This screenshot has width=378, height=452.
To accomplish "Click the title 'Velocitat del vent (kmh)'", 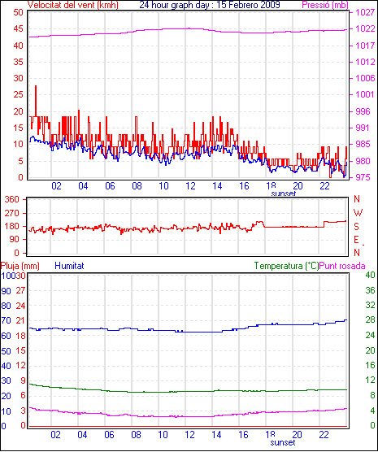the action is [x=72, y=5].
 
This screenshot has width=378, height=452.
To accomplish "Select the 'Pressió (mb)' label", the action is [x=325, y=5].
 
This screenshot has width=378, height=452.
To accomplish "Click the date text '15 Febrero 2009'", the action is [x=248, y=5].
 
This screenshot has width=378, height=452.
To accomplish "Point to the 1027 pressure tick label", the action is [x=365, y=12].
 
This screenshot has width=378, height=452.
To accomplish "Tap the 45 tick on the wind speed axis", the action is [x=18, y=28].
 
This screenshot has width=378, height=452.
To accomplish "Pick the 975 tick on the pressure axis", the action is [x=365, y=177].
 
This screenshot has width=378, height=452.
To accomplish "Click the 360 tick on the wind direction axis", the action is [x=12, y=199].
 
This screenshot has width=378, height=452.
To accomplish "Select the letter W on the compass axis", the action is [x=358, y=213].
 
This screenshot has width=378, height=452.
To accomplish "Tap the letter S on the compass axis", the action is [x=356, y=227].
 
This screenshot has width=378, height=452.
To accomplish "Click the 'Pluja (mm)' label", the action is [x=20, y=266].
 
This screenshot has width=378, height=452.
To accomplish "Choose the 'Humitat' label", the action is [x=69, y=266].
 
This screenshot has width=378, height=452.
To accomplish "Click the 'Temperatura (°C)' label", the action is [x=287, y=266].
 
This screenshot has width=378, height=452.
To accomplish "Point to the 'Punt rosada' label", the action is [x=342, y=266].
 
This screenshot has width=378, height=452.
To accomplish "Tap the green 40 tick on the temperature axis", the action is [x=370, y=275].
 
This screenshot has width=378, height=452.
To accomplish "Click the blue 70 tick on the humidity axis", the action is [x=6, y=320].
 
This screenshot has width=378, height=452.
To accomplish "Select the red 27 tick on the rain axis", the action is [x=20, y=290].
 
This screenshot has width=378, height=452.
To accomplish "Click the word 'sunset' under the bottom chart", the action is [x=283, y=442].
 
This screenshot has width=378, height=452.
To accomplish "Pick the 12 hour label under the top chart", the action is [x=190, y=186].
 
